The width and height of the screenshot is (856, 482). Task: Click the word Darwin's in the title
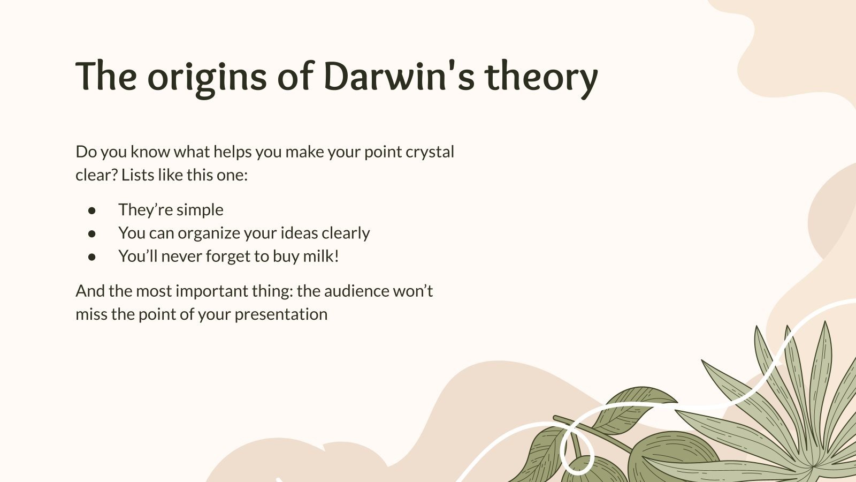point(399,77)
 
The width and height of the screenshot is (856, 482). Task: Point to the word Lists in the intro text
point(137,175)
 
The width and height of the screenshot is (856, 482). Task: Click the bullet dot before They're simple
point(92,210)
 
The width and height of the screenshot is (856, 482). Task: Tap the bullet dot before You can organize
point(92,234)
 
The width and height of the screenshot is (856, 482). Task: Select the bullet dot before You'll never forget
point(92,257)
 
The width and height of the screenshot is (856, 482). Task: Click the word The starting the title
point(106,77)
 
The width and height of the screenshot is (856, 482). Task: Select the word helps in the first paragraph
point(232,152)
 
